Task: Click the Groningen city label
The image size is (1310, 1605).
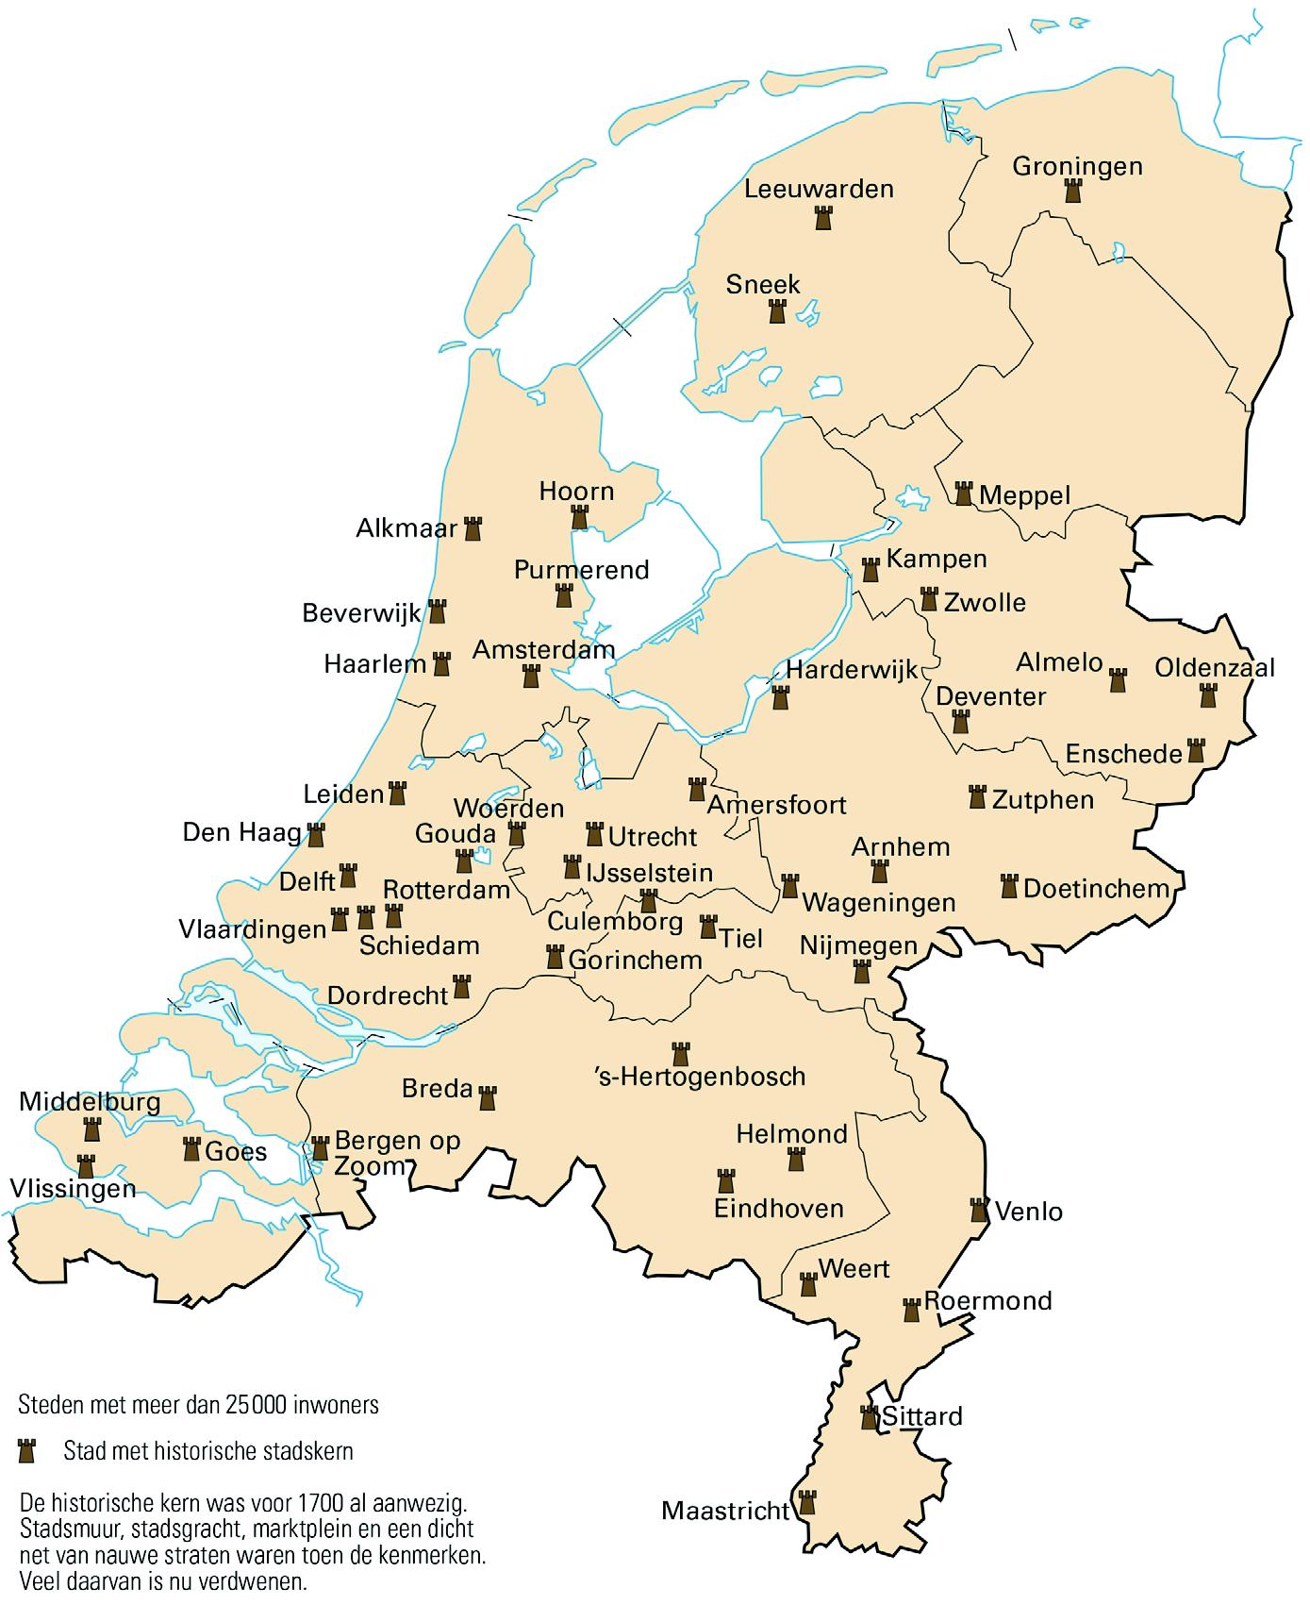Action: [1077, 166]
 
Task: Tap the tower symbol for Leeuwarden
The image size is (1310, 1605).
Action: [823, 219]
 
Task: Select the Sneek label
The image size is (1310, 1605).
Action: [763, 284]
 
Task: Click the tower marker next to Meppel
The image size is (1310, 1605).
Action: [963, 493]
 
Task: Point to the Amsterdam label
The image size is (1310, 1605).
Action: [543, 649]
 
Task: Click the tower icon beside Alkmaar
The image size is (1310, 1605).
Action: [473, 528]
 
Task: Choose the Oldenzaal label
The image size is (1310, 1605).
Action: [1215, 668]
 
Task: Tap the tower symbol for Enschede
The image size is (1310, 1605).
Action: [1196, 751]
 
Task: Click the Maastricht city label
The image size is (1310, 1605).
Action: [724, 1511]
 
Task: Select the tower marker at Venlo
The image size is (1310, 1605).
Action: [979, 1210]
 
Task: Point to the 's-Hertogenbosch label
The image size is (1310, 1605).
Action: [701, 1076]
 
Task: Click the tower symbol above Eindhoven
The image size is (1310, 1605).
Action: [725, 1180]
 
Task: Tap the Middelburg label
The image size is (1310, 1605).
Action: [90, 1101]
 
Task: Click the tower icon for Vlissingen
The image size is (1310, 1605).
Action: [86, 1165]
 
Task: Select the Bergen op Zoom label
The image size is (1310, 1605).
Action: [397, 1152]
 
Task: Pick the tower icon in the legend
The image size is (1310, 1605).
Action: [26, 1451]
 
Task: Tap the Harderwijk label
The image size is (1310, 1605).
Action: [852, 670]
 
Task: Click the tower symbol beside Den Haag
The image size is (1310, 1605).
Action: [316, 835]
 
